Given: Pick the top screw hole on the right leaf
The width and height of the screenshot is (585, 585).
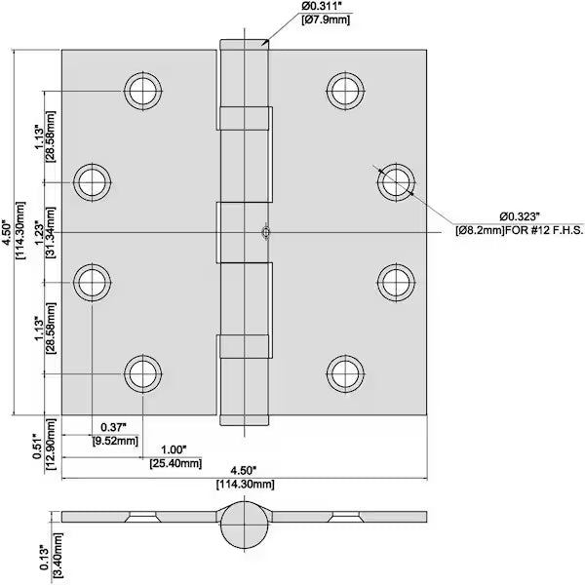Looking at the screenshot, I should tap(344, 91).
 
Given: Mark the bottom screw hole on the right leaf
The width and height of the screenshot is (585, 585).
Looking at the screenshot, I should tap(344, 372).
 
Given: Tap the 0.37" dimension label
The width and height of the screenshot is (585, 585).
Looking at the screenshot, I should tap(113, 426).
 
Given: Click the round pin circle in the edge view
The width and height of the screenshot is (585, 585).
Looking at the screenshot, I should tap(242, 525).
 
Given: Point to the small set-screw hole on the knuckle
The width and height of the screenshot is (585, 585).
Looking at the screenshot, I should tap(264, 232).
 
